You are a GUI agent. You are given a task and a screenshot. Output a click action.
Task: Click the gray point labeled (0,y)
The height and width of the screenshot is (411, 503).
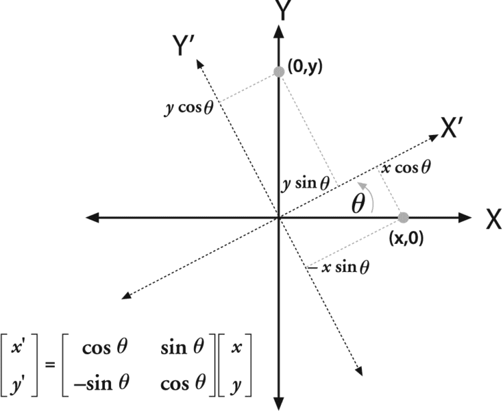(x=278, y=71)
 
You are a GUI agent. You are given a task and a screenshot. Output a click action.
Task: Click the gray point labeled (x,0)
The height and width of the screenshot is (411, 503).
(x=404, y=217)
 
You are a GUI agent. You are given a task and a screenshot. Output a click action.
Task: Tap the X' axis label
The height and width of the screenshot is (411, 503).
(x=453, y=129)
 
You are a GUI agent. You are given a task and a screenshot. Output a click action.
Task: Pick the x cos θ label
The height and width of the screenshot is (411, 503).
(x=407, y=167)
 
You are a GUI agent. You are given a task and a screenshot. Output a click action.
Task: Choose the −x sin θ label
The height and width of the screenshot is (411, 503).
(x=339, y=267)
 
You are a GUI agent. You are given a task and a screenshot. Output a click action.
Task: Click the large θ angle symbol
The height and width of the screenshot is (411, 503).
(x=358, y=205)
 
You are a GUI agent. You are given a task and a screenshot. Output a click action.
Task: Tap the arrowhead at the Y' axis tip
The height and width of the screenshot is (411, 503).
(x=199, y=63)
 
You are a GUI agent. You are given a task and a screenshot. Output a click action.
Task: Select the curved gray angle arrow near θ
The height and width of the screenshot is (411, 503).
(x=369, y=197)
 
